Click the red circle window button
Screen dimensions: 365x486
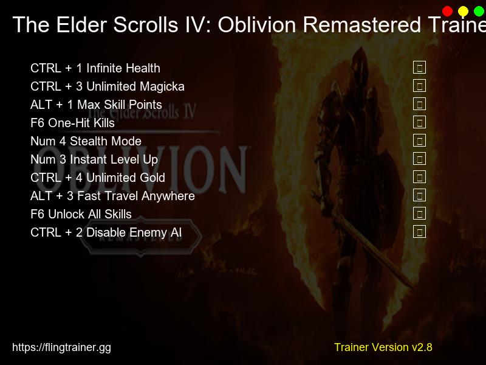(448, 11)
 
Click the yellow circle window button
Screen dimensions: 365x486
(463, 11)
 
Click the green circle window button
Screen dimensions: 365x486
(479, 11)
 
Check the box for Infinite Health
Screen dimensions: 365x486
(419, 68)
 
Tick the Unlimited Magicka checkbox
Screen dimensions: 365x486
(419, 86)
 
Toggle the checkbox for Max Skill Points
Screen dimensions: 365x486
(419, 104)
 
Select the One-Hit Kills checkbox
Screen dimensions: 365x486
(419, 122)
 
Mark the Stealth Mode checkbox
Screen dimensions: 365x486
(419, 141)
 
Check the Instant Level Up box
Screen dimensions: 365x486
(419, 159)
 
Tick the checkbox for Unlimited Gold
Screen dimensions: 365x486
(419, 177)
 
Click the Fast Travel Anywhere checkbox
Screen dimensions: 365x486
(419, 195)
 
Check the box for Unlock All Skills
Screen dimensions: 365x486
(419, 214)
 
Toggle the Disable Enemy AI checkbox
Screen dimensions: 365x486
(419, 232)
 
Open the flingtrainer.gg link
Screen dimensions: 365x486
(61, 347)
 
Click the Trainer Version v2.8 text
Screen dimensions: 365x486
(383, 347)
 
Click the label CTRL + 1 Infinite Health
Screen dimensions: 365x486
(95, 68)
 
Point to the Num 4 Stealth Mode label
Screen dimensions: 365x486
(86, 141)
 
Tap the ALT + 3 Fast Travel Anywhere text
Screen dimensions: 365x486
(112, 196)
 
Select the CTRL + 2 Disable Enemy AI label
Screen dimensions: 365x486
(106, 232)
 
